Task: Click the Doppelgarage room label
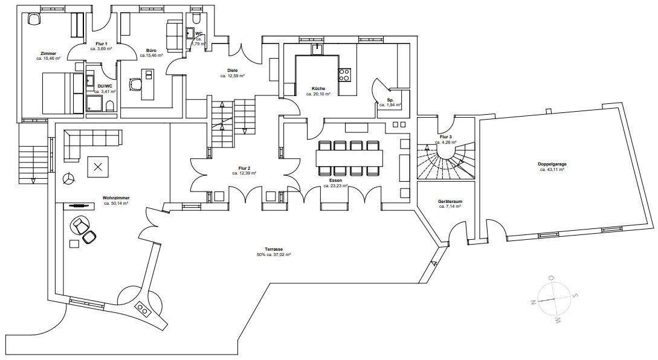click(x=551, y=164)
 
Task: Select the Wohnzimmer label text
click(x=116, y=198)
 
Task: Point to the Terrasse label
click(x=273, y=249)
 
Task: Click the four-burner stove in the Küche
click(x=345, y=74)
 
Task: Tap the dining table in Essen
click(x=349, y=158)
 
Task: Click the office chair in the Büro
click(x=134, y=84)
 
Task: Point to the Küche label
click(x=318, y=89)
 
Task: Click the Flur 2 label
click(x=244, y=169)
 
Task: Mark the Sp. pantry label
click(x=390, y=100)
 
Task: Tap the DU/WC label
click(x=105, y=86)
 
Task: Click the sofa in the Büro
click(x=174, y=35)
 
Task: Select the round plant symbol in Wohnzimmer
click(x=69, y=179)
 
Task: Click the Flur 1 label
click(x=102, y=44)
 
